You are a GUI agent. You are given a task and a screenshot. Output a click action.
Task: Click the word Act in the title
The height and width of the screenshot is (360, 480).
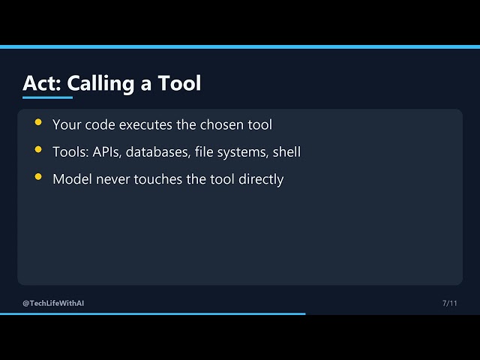42,83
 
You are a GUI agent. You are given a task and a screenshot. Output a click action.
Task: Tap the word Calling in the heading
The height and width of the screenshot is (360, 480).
100,83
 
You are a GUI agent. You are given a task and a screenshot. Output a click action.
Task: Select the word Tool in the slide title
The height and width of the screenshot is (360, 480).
179,83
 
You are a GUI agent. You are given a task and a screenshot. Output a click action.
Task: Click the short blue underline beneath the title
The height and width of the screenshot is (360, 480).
47,97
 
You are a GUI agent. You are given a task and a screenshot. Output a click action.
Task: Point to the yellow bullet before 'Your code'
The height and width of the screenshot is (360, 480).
38,122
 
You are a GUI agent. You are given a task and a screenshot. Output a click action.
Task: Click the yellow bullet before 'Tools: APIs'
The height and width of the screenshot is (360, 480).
38,149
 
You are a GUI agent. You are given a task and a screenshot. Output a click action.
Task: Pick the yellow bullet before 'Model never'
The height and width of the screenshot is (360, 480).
38,177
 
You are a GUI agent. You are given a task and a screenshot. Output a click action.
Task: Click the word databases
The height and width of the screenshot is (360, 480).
158,151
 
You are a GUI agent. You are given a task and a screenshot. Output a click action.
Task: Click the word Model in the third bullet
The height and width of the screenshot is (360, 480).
72,179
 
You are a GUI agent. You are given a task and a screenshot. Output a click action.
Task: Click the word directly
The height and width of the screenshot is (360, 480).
261,180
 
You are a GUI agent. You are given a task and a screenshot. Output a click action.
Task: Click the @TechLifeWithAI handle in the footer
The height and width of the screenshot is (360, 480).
53,303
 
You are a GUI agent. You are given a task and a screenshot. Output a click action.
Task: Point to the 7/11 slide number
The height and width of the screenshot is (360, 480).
450,303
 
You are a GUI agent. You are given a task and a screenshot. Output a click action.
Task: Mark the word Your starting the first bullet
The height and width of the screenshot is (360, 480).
67,124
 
